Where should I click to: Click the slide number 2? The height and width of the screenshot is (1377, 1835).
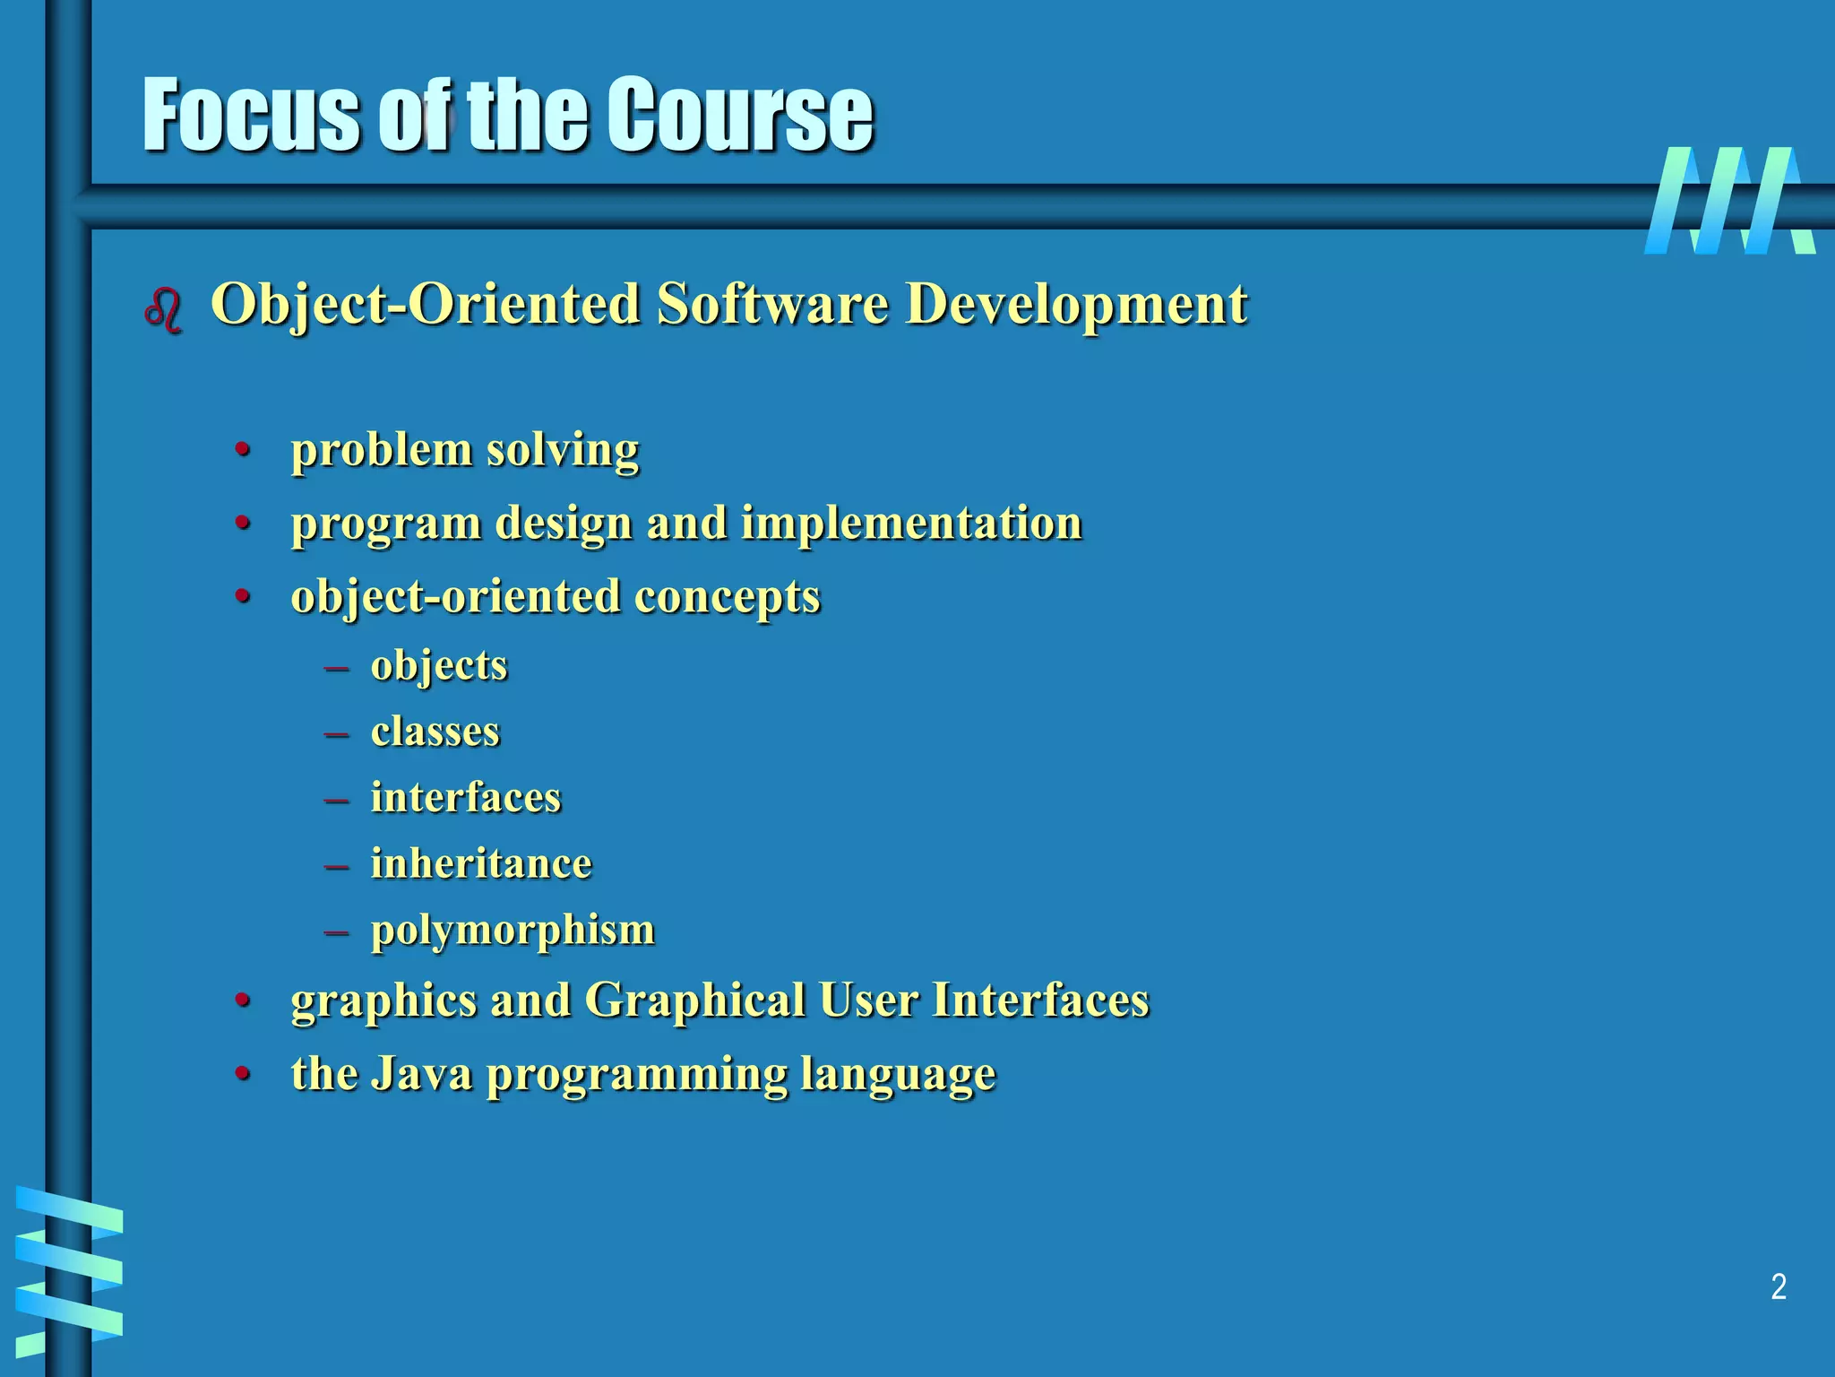pyautogui.click(x=1779, y=1287)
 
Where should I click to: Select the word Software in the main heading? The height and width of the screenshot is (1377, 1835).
pyautogui.click(x=772, y=304)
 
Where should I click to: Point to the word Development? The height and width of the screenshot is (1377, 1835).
pyautogui.click(x=1076, y=304)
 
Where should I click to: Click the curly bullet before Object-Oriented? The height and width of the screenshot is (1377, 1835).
pyautogui.click(x=163, y=310)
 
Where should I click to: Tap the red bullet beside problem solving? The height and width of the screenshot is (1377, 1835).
pyautogui.click(x=242, y=449)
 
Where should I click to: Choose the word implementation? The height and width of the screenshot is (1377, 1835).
pyautogui.click(x=911, y=523)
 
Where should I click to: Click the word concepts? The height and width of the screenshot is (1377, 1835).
pyautogui.click(x=727, y=597)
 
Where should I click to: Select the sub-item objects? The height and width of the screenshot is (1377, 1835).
pyautogui.click(x=439, y=666)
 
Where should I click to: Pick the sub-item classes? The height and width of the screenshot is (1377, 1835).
pyautogui.click(x=435, y=732)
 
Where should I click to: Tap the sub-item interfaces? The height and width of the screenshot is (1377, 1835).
pyautogui.click(x=466, y=797)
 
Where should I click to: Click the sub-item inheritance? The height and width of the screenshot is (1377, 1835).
pyautogui.click(x=481, y=863)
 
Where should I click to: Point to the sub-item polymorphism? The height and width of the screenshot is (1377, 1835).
pyautogui.click(x=513, y=931)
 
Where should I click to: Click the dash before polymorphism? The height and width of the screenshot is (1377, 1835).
pyautogui.click(x=337, y=932)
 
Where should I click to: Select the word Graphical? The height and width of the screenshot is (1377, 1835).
pyautogui.click(x=695, y=1000)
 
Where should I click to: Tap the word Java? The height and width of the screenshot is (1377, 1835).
pyautogui.click(x=421, y=1073)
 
